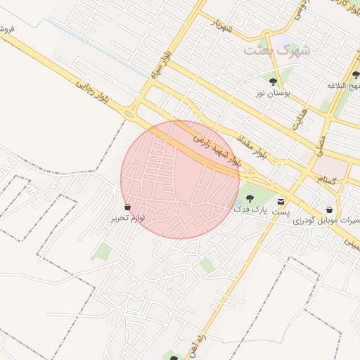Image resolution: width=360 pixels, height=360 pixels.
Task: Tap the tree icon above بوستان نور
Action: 273,82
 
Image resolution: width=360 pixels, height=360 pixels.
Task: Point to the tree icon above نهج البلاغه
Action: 356,75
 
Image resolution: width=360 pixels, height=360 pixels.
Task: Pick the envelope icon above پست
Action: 281,201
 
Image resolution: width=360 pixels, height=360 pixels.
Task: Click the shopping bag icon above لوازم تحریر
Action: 127,207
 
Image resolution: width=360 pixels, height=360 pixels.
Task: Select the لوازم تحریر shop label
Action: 127,218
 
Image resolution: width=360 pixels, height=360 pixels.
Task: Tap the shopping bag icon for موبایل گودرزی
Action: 329,209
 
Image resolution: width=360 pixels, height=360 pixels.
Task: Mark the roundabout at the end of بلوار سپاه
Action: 129,113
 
